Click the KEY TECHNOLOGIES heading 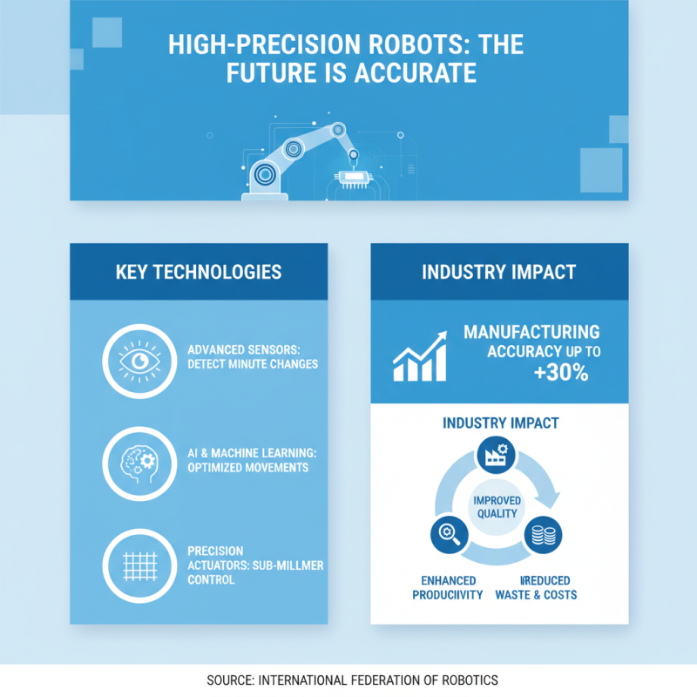pos(199,272)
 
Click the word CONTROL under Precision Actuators pos(211,579)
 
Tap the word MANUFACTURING pos(531,332)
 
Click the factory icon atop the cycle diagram pos(498,453)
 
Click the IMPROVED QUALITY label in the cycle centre pos(497,506)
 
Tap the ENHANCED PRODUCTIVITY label pos(448,587)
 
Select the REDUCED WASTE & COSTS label pos(536,587)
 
